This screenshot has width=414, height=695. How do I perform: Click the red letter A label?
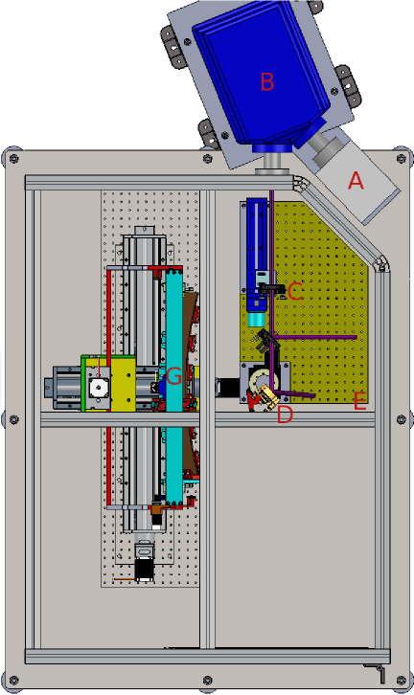pos(356,180)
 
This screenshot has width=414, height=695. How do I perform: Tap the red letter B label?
pos(267,81)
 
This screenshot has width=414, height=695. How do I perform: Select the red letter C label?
pos(295,292)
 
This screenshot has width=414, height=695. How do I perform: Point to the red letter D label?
pos(285,415)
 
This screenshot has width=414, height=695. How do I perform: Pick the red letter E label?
pos(360,401)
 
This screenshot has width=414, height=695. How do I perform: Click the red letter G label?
pos(173,377)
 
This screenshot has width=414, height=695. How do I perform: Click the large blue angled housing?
pos(262,76)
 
